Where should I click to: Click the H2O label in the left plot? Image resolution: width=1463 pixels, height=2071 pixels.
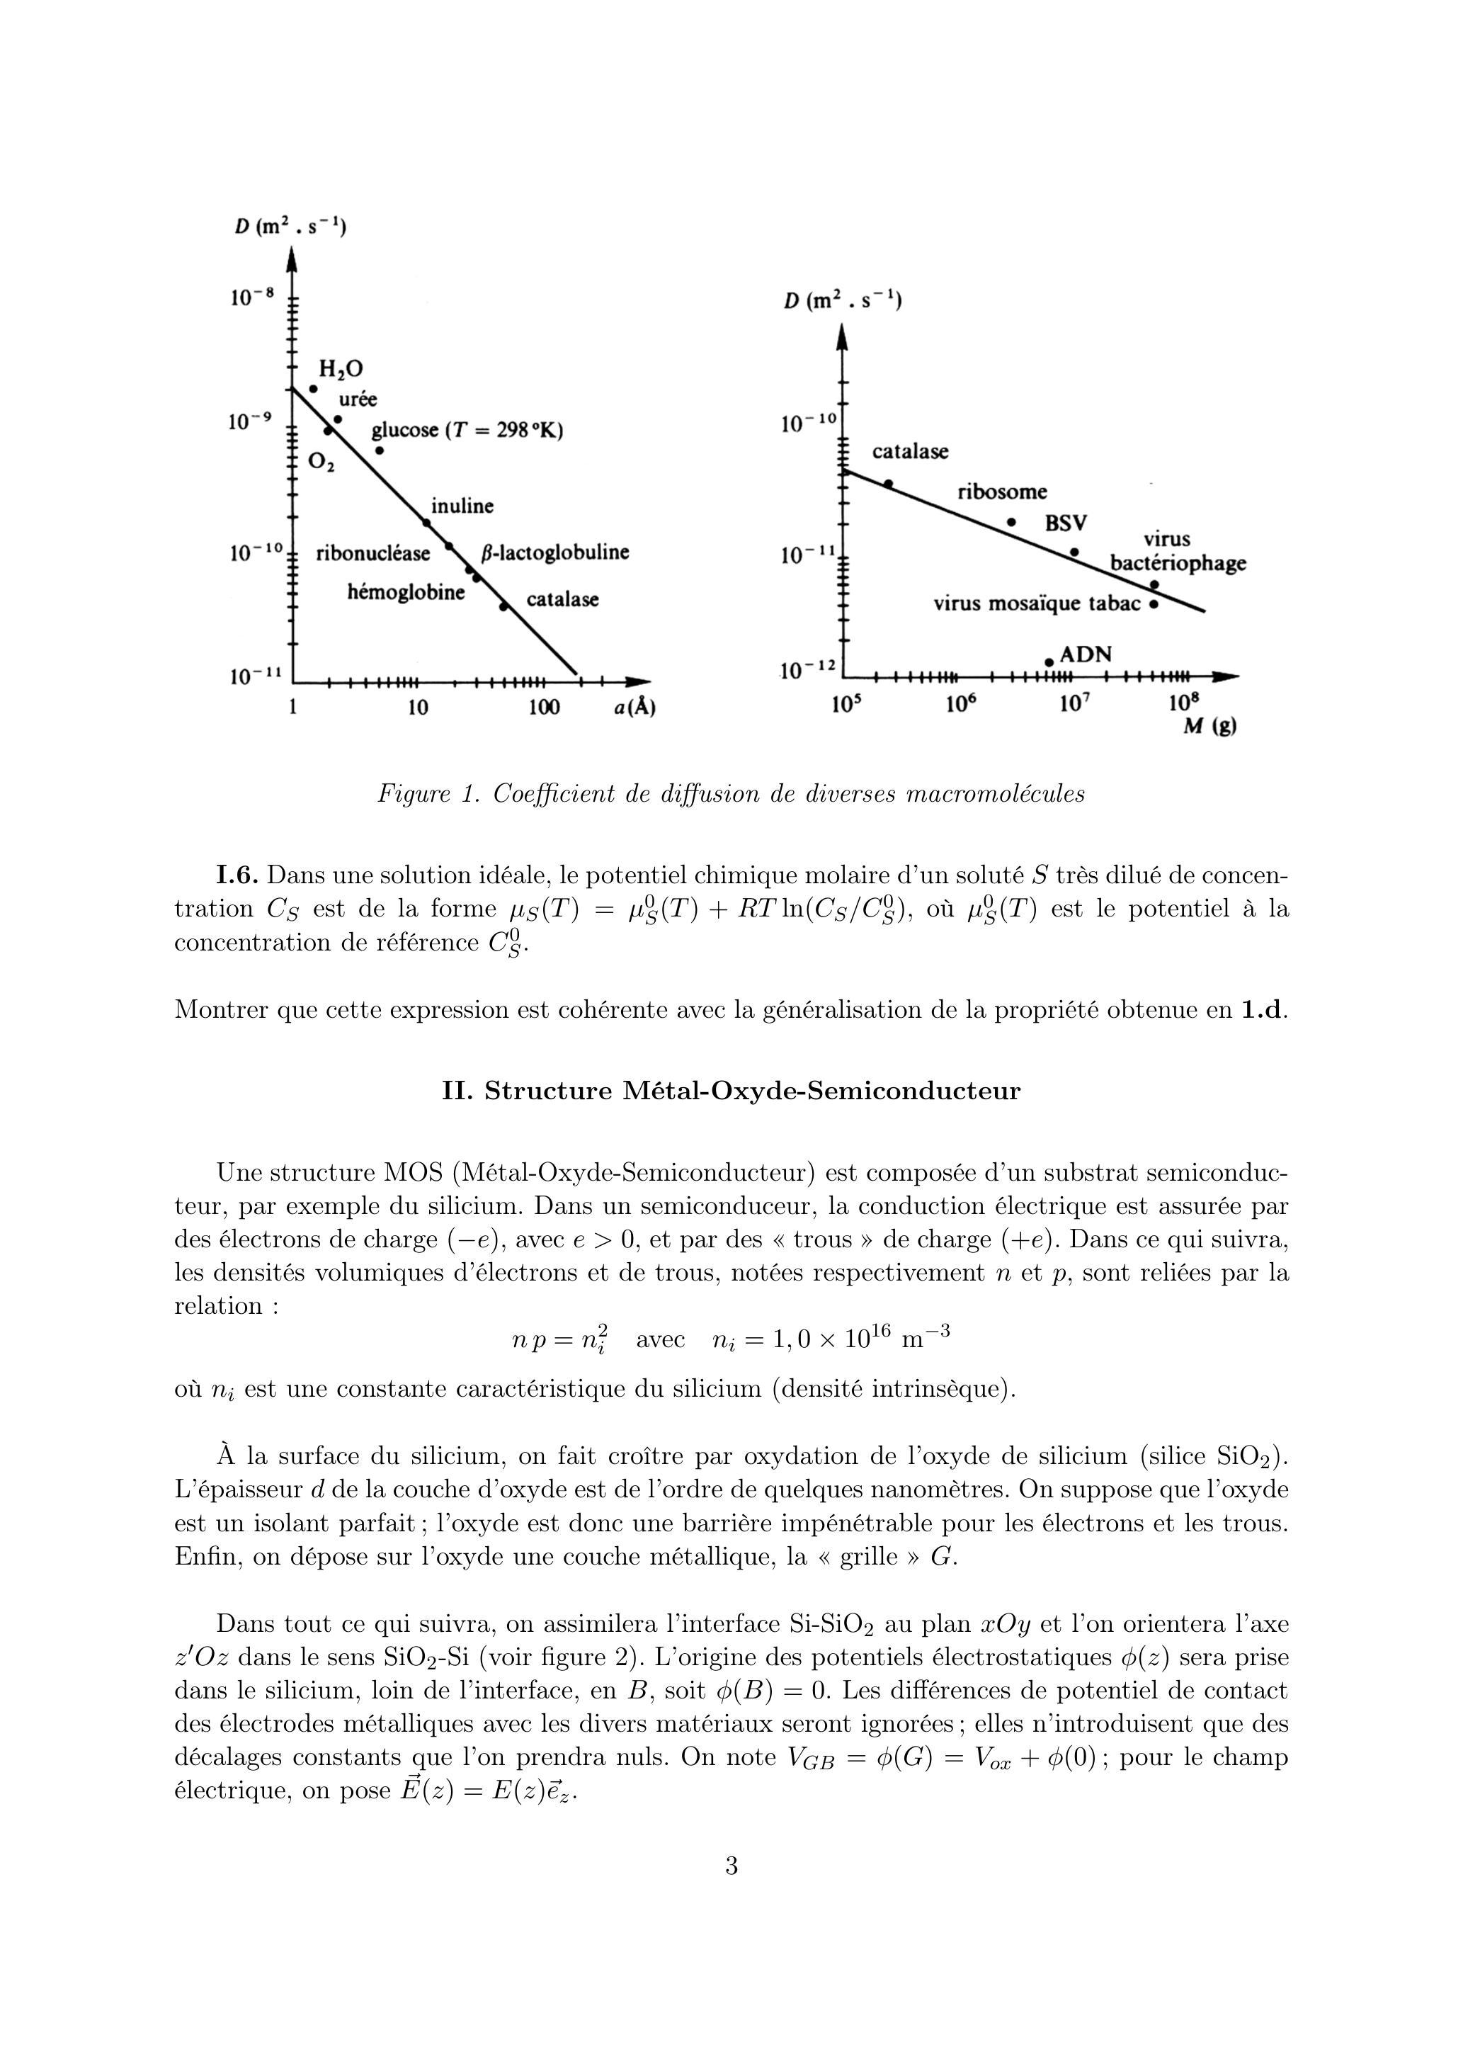341,369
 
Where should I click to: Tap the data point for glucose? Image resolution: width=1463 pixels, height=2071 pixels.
380,450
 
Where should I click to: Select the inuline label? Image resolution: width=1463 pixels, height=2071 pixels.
462,506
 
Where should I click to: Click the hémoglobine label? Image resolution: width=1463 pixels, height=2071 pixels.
406,593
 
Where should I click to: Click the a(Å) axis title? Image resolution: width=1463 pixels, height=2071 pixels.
634,707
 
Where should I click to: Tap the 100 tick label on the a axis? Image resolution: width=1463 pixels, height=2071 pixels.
544,707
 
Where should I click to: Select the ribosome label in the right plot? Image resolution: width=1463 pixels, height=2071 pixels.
1002,492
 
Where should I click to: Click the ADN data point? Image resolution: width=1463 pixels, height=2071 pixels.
1049,663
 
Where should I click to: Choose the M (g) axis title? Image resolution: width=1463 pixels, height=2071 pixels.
1209,726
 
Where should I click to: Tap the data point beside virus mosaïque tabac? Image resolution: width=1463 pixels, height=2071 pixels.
1154,604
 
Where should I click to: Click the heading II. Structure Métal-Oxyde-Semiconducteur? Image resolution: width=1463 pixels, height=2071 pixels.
731,1091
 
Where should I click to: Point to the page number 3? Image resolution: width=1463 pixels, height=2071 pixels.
731,1866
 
